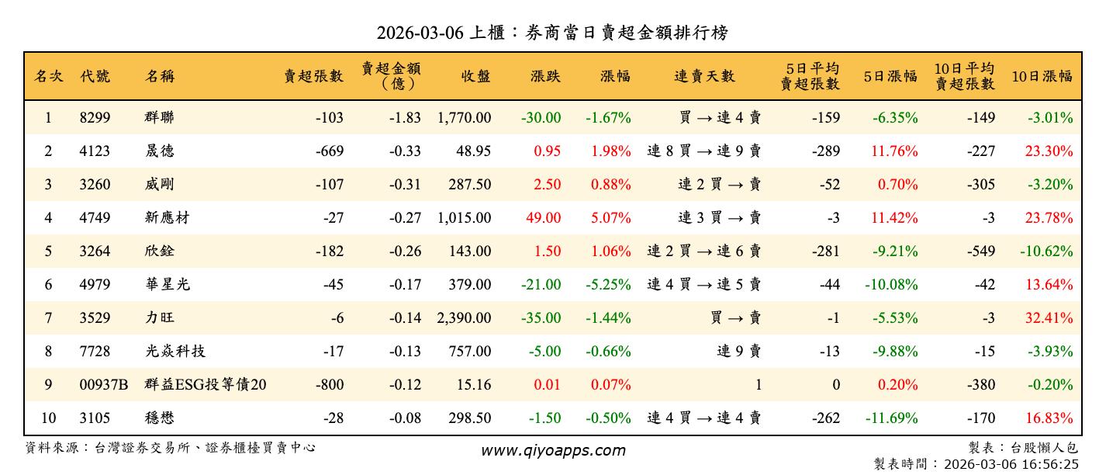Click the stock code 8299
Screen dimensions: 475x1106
click(95, 118)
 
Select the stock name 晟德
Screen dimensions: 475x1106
click(159, 151)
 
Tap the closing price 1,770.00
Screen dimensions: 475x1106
click(464, 118)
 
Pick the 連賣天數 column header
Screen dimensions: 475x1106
click(703, 76)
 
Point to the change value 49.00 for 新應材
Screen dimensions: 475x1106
click(543, 218)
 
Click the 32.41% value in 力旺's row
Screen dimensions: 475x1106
click(1049, 318)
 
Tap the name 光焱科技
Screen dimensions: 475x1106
click(175, 352)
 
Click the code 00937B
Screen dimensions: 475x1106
click(103, 385)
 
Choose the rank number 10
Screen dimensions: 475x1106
click(48, 418)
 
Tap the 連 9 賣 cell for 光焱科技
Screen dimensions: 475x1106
click(738, 352)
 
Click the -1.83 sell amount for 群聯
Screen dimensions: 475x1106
click(405, 118)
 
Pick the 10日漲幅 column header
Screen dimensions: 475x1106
click(1042, 76)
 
